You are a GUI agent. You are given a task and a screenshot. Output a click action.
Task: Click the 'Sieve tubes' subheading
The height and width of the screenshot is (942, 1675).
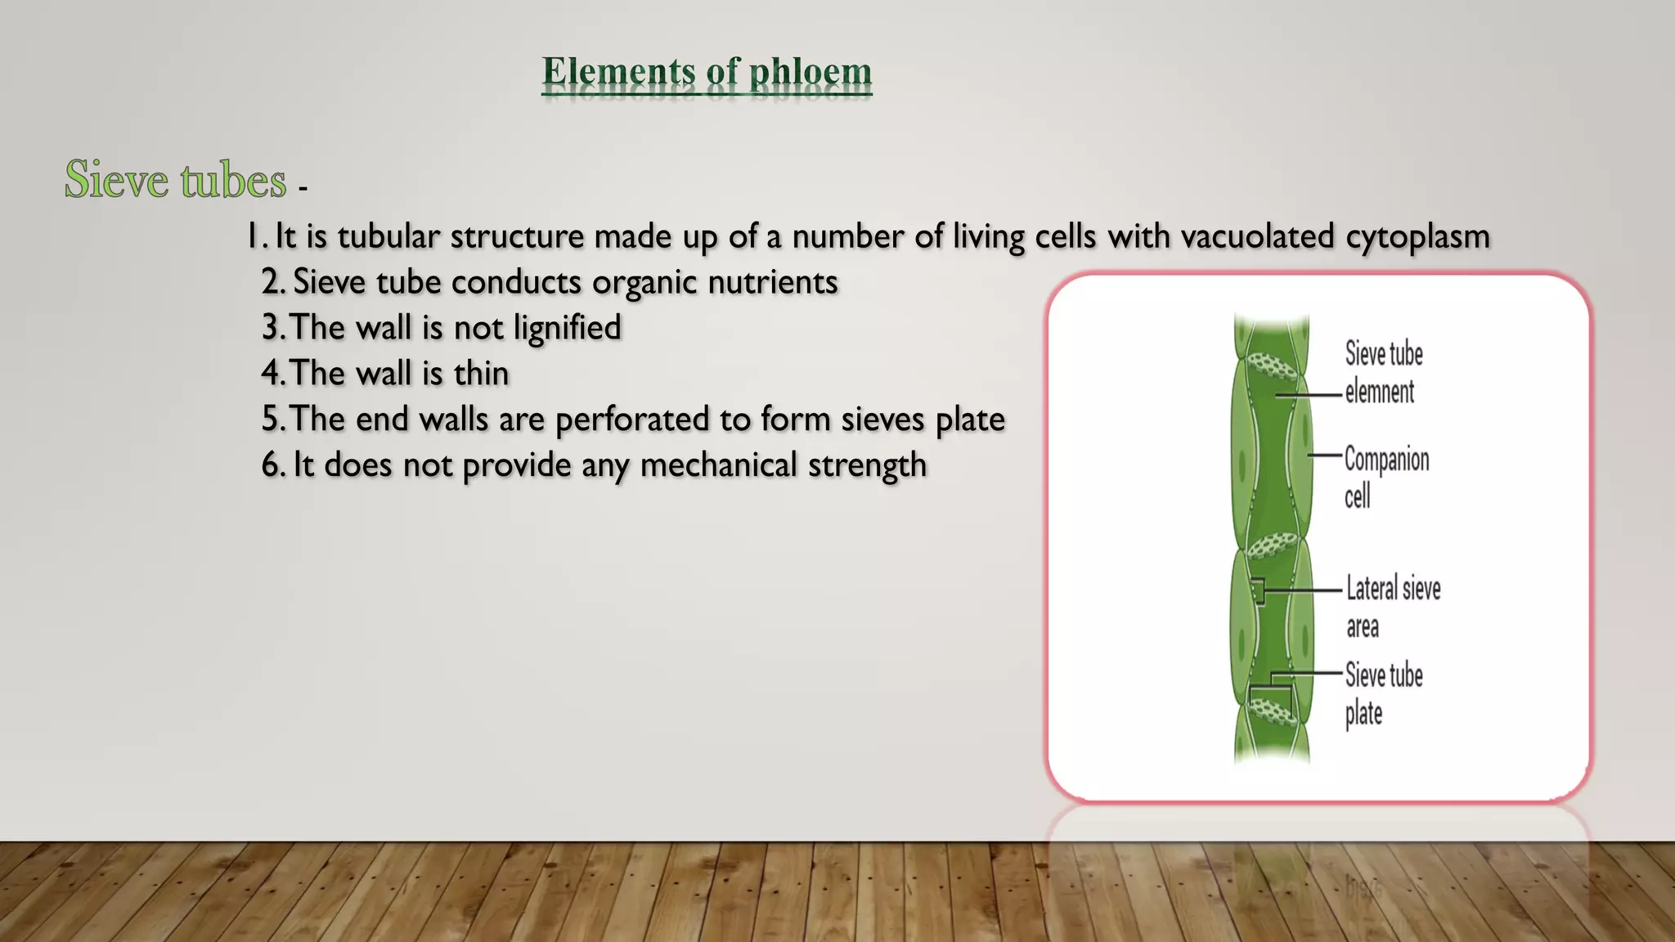176,180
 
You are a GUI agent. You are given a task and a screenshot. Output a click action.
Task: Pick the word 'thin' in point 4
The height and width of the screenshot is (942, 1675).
481,374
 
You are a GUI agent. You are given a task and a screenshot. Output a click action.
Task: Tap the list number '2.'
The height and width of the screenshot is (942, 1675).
273,282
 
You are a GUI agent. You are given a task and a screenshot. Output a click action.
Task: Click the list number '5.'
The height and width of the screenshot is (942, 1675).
273,419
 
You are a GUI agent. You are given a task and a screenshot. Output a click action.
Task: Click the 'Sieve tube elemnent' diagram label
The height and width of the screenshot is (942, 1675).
1384,372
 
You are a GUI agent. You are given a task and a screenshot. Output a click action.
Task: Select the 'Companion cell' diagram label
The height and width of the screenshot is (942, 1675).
1386,477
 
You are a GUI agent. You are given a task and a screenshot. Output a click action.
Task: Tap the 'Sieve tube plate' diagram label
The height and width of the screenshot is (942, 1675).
1384,693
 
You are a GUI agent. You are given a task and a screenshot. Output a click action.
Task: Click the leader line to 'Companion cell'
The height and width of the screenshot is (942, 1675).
1325,455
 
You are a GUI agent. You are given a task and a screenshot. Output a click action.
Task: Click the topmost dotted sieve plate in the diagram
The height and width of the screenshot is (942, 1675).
1273,367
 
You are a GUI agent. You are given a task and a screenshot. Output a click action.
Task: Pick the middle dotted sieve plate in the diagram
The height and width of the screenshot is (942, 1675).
1272,544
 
